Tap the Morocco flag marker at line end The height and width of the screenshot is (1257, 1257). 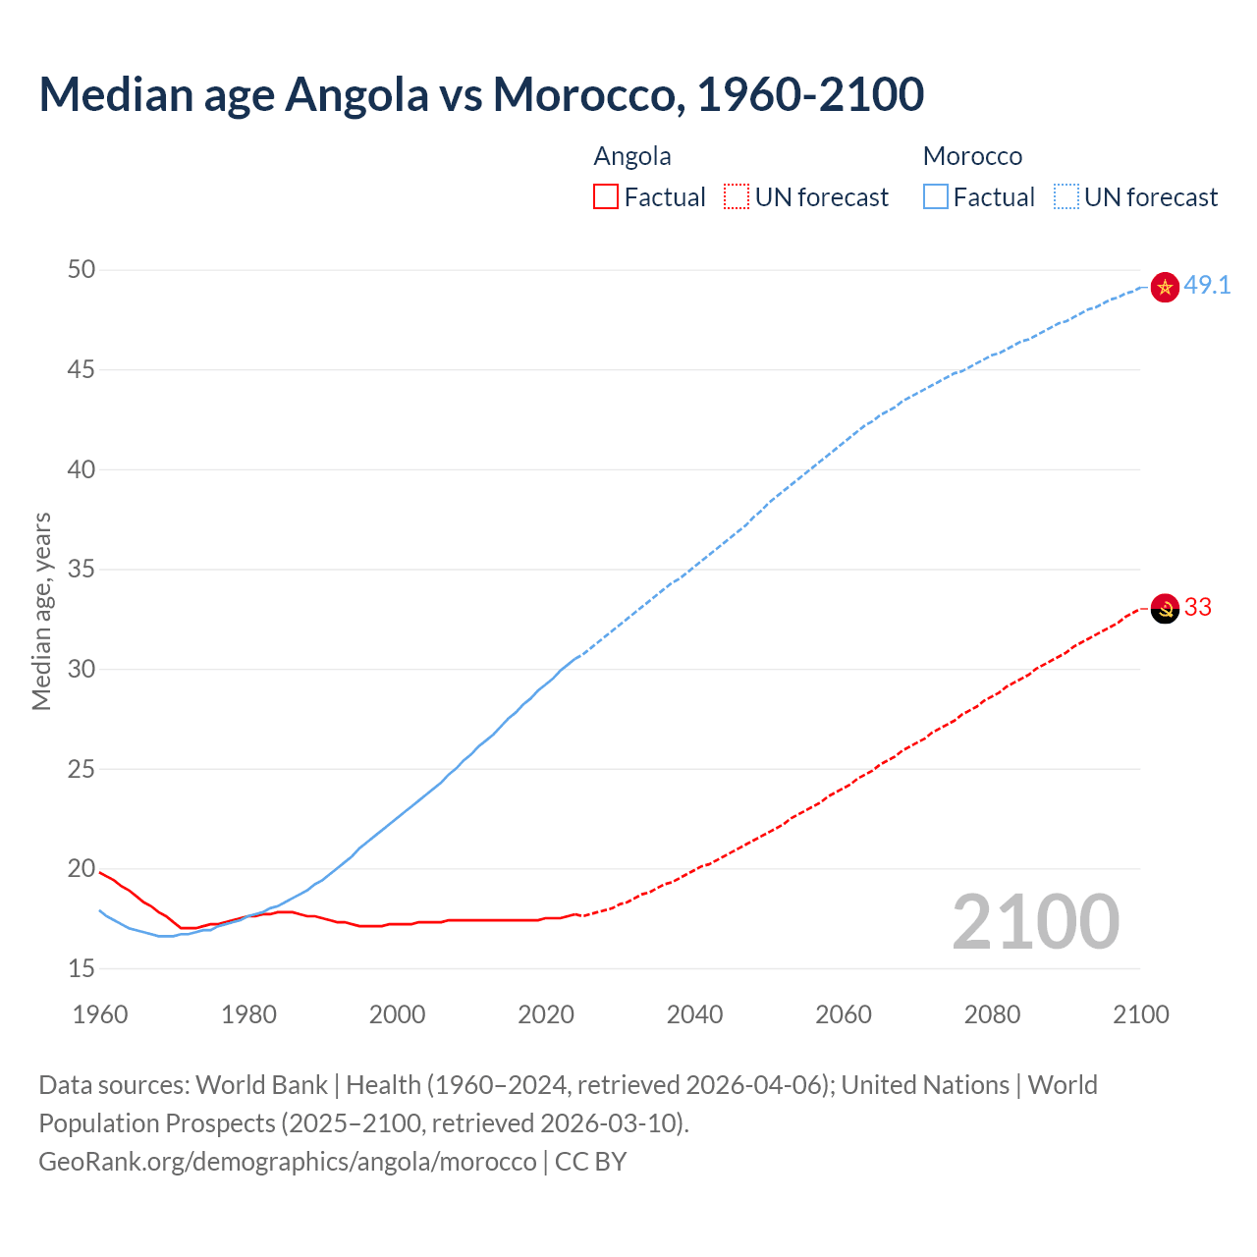[1164, 287]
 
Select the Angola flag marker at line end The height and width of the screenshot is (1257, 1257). [1164, 609]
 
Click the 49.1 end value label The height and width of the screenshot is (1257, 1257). [1207, 286]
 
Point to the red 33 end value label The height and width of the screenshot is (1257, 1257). [1197, 608]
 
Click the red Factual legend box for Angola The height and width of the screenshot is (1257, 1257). [606, 197]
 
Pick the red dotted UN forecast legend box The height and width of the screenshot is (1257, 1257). [737, 197]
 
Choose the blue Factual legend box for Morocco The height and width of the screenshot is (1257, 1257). [936, 197]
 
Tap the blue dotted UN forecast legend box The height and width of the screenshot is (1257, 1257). [1066, 197]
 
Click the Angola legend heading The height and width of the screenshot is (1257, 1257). [632, 157]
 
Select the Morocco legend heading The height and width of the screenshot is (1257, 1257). [972, 157]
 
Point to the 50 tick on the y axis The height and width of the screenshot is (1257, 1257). [82, 270]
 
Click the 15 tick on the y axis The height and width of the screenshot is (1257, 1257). [82, 969]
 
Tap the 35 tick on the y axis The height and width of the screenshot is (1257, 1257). [82, 570]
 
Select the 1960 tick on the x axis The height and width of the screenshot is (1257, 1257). [100, 1014]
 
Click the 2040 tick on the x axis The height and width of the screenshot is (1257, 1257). [694, 1014]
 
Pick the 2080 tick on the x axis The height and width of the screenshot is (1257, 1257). [992, 1014]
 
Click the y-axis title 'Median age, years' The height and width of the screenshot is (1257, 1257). [41, 611]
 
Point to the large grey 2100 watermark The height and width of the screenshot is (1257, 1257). [1035, 922]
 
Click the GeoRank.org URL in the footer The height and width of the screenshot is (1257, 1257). [288, 1162]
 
